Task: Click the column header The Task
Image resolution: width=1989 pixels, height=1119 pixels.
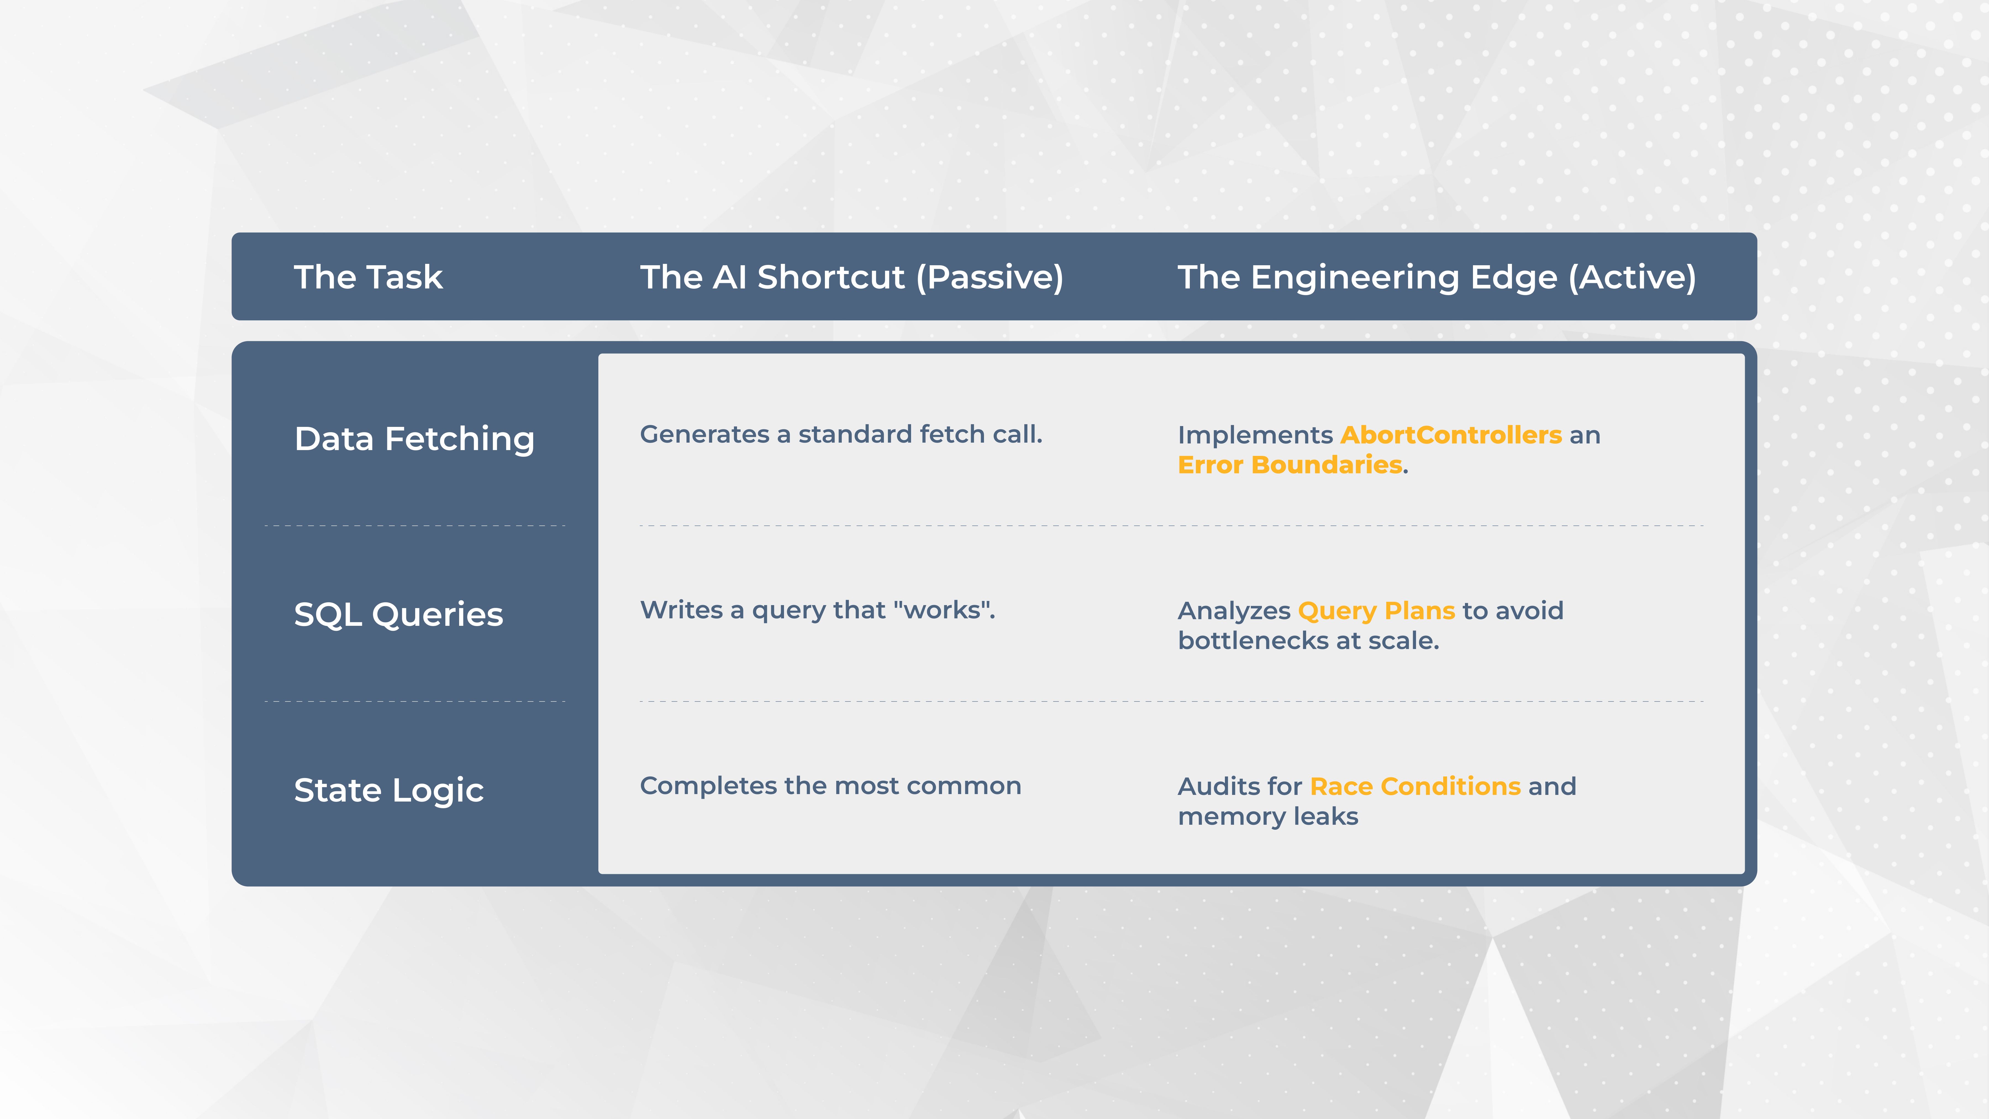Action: coord(368,277)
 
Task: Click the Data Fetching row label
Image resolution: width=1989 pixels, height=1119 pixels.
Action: coord(415,439)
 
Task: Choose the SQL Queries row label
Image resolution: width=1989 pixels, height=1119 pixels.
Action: coord(398,615)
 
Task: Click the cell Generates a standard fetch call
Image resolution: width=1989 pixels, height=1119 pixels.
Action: coord(841,435)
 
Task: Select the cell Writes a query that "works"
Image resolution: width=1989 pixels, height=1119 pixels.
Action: coord(818,610)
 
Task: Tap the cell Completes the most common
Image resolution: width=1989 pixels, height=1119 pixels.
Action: coord(831,786)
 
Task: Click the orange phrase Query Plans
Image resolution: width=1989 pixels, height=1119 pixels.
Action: coord(1377,611)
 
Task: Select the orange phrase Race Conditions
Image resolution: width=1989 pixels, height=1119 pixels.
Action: coord(1415,786)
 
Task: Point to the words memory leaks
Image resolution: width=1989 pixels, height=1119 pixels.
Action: coord(1268,816)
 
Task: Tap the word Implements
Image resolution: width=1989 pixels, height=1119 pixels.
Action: coord(1256,435)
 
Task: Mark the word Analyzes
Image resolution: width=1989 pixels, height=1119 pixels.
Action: coord(1234,611)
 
